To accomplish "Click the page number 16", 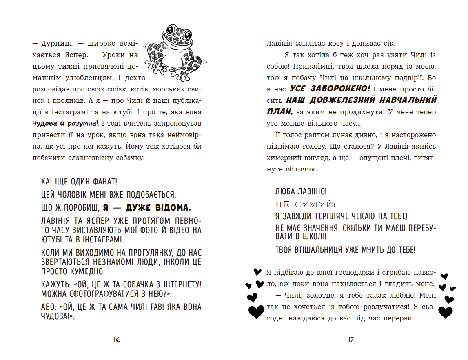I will pos(117,340).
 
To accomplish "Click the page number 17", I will pos(350,340).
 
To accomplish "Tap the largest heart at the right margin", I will pos(445,312).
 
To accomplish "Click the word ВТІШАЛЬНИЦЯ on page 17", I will pos(322,249).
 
